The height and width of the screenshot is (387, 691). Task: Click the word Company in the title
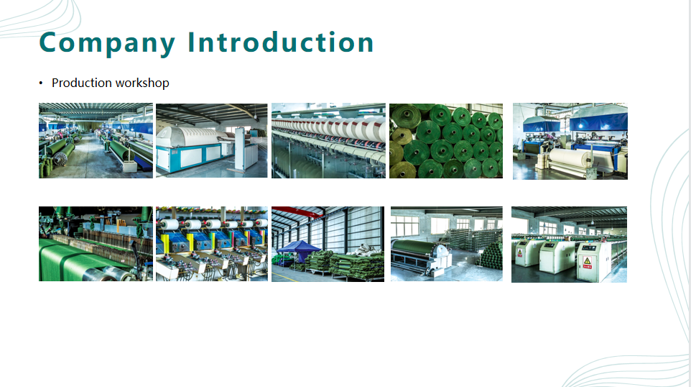pos(107,43)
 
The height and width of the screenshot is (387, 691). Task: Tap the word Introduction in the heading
pos(281,42)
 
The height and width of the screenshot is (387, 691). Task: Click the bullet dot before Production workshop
pos(41,83)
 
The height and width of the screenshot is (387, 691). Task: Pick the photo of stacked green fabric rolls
pos(446,141)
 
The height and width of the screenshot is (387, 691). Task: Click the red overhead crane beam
pos(297,211)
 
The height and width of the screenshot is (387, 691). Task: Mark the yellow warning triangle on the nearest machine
pos(587,260)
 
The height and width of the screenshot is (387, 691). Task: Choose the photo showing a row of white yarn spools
pos(328,141)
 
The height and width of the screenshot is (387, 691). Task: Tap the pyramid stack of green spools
pos(491,256)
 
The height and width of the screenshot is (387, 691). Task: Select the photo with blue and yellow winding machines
pos(211,244)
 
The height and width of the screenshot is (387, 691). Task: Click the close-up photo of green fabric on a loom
pos(96,244)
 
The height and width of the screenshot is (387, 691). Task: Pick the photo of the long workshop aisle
pos(96,141)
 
